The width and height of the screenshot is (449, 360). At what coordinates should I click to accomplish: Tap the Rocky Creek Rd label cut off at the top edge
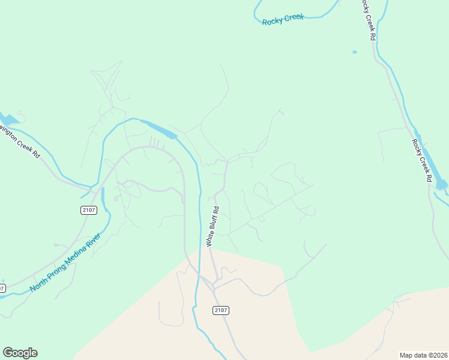368,19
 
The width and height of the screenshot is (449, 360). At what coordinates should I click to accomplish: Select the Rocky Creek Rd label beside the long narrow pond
421,160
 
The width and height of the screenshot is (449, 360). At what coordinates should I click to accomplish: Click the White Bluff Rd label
213,226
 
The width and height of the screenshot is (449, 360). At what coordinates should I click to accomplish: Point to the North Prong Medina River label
65,262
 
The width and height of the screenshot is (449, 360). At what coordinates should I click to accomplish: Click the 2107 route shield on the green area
88,209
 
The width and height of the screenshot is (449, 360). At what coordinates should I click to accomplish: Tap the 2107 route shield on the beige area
221,310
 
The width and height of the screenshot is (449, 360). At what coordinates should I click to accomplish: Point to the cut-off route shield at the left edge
2,288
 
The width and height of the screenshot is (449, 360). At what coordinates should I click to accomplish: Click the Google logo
20,353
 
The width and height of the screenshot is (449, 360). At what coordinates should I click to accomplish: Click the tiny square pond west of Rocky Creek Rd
355,52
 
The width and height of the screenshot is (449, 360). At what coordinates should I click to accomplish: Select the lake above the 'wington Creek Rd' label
8,118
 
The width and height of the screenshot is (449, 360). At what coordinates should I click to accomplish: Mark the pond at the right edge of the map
442,184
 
